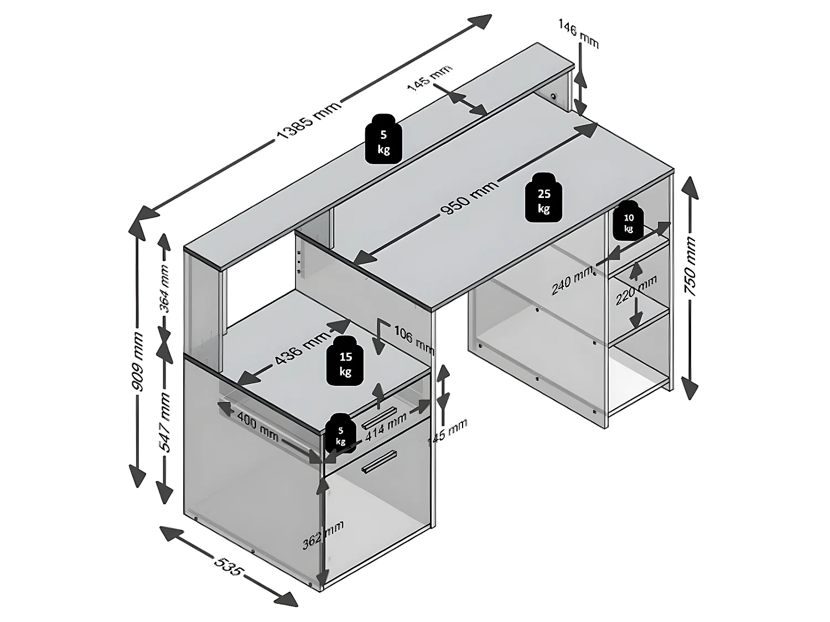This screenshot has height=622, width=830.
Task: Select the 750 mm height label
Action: pyautogui.click(x=691, y=266)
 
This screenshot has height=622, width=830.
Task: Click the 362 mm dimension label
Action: pyautogui.click(x=323, y=535)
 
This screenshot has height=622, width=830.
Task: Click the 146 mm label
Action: pyautogui.click(x=578, y=33)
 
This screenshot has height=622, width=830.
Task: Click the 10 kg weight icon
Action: pyautogui.click(x=629, y=221)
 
